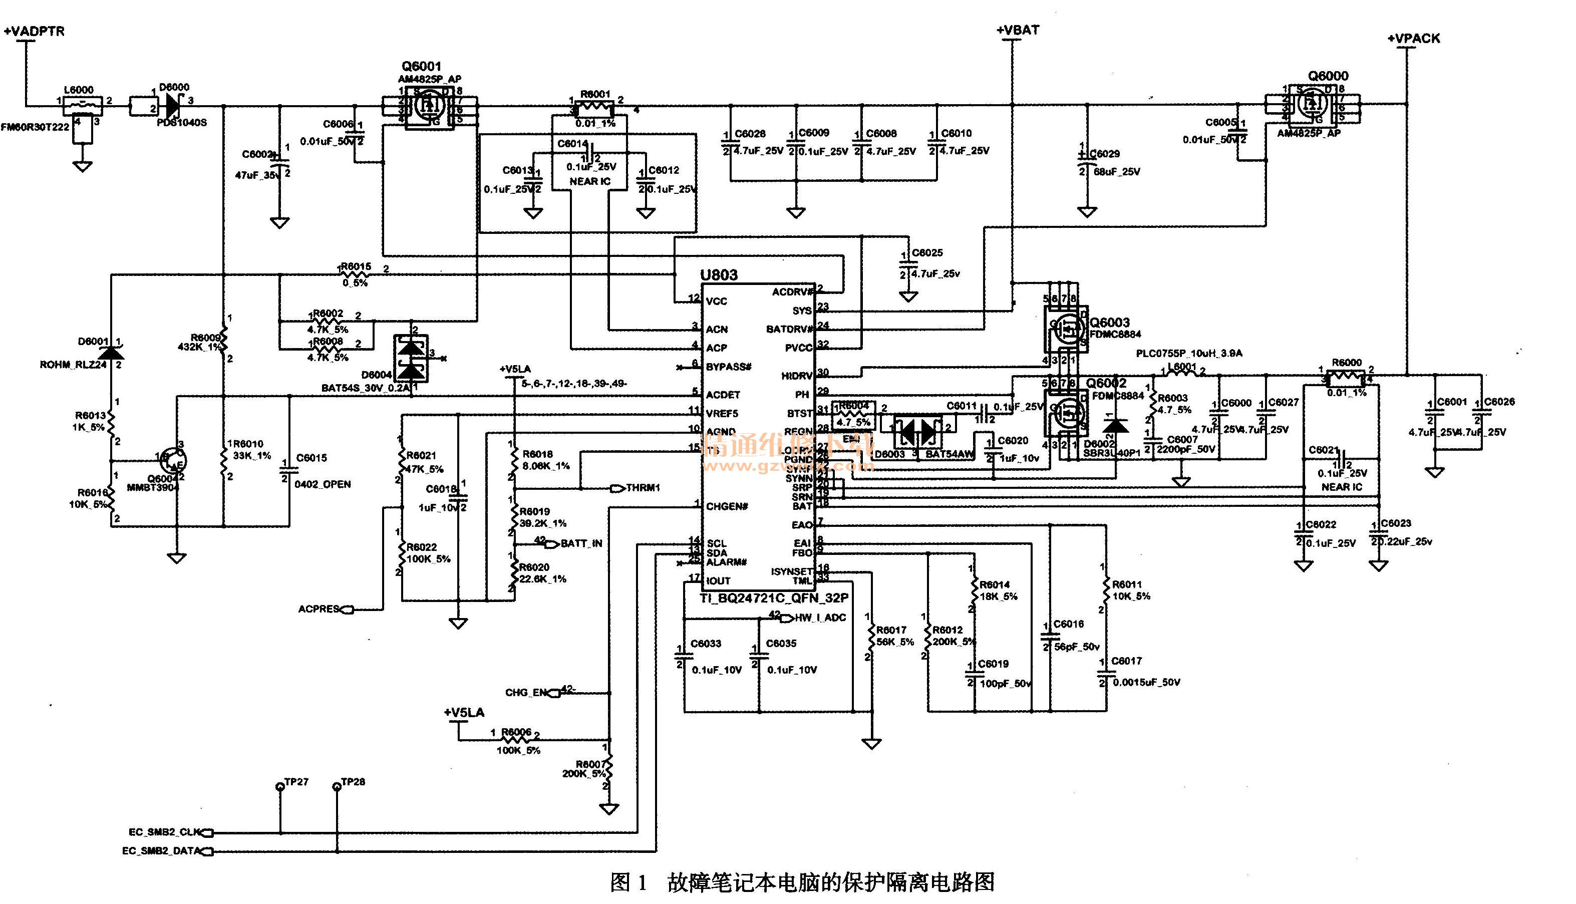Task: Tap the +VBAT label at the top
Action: point(1018,30)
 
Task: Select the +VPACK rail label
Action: point(1414,39)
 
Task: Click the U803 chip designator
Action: point(719,275)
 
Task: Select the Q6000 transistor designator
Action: point(1328,76)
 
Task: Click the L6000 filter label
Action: point(79,90)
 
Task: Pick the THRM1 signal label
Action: point(643,488)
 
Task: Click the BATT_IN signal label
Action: point(581,544)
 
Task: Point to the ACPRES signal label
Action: point(319,609)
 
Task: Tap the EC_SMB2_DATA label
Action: point(161,851)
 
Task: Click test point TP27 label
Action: point(296,782)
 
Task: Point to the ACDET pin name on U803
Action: point(723,395)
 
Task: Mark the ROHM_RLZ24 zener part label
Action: point(73,365)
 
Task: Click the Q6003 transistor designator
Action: point(1110,322)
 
